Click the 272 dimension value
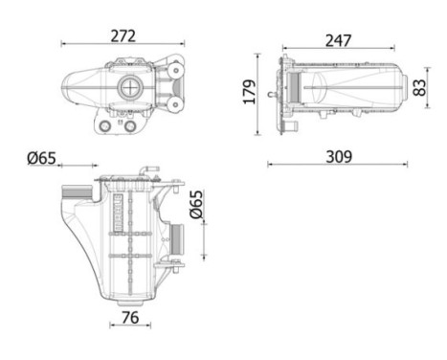click(x=123, y=35)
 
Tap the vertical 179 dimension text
click(x=250, y=92)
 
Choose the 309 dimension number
click(x=336, y=155)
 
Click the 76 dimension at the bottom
click(x=131, y=317)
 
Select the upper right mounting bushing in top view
click(x=174, y=69)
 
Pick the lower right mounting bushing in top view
click(x=174, y=101)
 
